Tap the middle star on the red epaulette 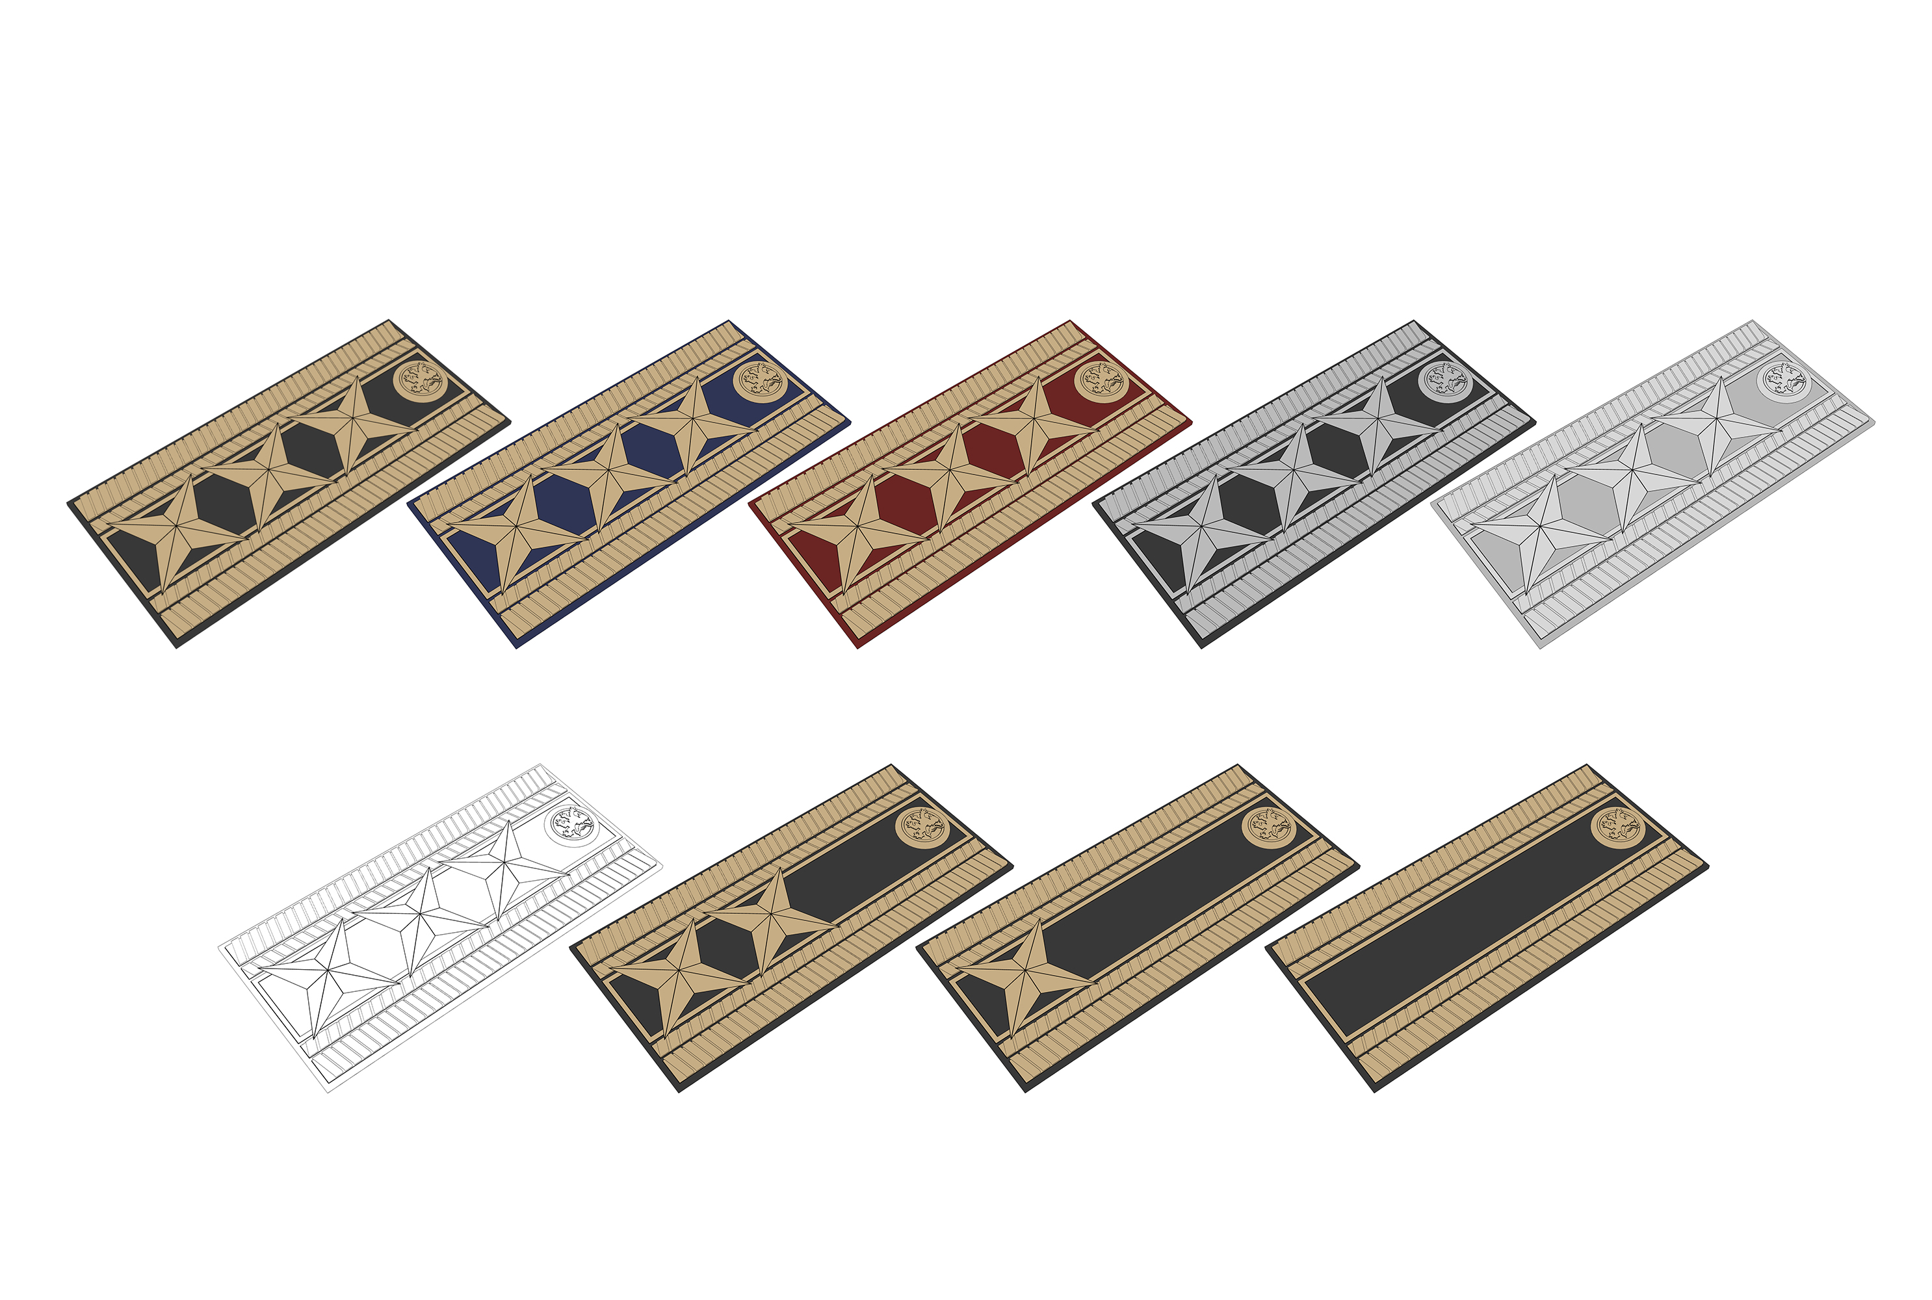pos(951,473)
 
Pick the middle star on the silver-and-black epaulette pos(1294,473)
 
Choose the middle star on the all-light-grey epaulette pos(1634,473)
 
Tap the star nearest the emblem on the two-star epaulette pos(773,916)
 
